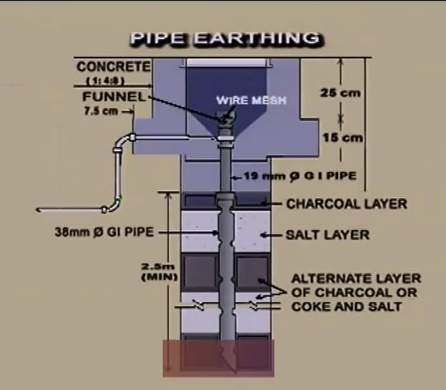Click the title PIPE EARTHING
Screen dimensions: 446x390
[x=227, y=38]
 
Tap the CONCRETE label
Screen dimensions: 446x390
[x=113, y=66]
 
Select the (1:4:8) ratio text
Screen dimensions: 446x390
[x=105, y=81]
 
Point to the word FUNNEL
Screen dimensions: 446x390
[x=114, y=96]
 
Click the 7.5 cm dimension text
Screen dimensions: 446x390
[x=101, y=111]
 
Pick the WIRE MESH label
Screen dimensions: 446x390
[x=251, y=101]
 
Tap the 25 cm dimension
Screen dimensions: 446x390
[x=340, y=93]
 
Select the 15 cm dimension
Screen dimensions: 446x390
[x=342, y=138]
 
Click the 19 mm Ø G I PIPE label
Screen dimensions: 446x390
[x=300, y=176]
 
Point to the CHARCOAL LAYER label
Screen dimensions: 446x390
[x=346, y=204]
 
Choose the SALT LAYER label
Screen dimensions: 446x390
[x=327, y=235]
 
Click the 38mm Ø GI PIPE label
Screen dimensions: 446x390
[x=104, y=232]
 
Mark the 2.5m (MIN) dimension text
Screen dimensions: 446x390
[x=159, y=272]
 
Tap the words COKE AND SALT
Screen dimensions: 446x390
[x=346, y=306]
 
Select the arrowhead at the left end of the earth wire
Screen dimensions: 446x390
[x=38, y=210]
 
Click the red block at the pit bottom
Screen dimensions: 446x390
[x=219, y=358]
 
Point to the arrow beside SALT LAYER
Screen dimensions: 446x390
[x=271, y=235]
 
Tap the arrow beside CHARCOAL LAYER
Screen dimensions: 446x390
[x=271, y=204]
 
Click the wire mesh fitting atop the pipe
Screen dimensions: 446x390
[x=226, y=118]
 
